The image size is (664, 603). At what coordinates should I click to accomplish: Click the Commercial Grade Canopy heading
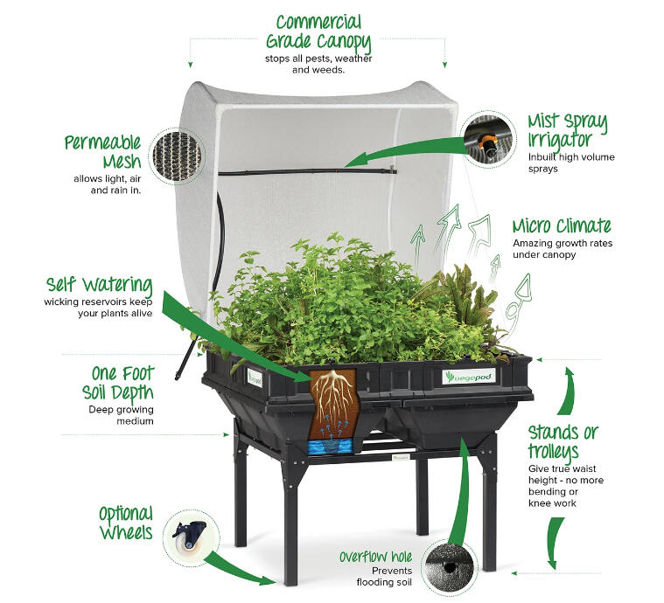click(x=318, y=32)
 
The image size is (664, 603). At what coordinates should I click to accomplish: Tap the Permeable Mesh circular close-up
click(x=177, y=156)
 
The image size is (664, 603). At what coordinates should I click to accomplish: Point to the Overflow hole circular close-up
click(x=451, y=566)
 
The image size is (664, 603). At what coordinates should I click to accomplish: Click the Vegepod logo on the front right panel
click(x=469, y=377)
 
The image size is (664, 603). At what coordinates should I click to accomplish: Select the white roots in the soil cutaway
click(x=334, y=396)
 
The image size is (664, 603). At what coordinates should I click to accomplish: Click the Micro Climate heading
click(x=562, y=225)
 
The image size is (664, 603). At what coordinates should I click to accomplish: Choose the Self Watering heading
click(x=100, y=285)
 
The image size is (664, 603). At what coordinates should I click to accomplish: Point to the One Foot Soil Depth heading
click(x=118, y=384)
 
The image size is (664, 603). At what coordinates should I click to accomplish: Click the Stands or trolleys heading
click(x=563, y=442)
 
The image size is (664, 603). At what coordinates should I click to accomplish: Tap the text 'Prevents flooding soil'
click(x=384, y=576)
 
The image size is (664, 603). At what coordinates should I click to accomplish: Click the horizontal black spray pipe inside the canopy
click(x=308, y=171)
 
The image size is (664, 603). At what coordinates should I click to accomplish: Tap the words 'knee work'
click(x=552, y=503)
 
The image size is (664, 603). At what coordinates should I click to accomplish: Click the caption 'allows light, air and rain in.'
click(x=107, y=184)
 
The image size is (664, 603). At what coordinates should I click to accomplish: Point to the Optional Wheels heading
click(x=126, y=523)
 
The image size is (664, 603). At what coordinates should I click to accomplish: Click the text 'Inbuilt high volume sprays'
click(x=571, y=163)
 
